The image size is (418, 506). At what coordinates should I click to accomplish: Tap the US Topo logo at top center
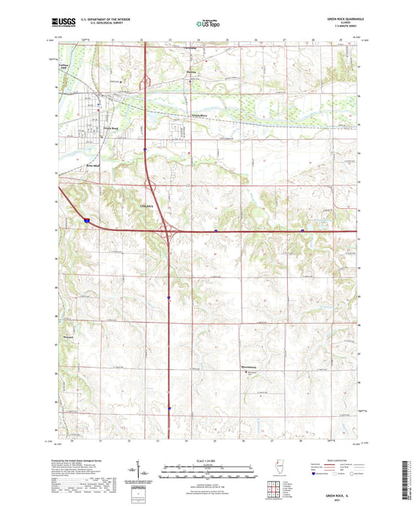[x=208, y=24]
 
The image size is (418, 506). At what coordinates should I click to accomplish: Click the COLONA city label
[x=145, y=205]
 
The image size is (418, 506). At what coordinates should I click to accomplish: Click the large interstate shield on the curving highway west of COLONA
[x=86, y=221]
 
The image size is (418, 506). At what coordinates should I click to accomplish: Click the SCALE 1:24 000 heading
[x=208, y=460]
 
